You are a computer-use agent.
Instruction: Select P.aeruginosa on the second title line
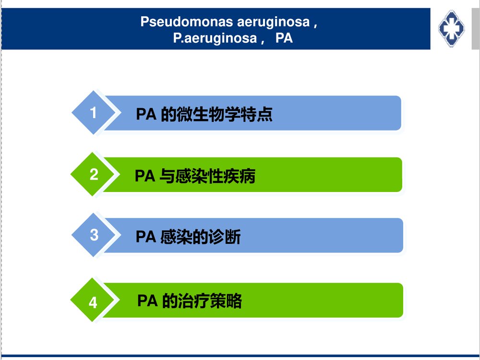click(215, 38)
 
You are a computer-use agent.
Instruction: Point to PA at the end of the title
click(284, 38)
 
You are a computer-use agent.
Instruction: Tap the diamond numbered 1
click(94, 113)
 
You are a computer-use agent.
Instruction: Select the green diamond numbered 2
click(94, 174)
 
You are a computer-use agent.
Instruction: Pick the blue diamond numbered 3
click(94, 235)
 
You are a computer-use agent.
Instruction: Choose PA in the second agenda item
click(144, 177)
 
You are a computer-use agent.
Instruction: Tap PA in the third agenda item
click(145, 237)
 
